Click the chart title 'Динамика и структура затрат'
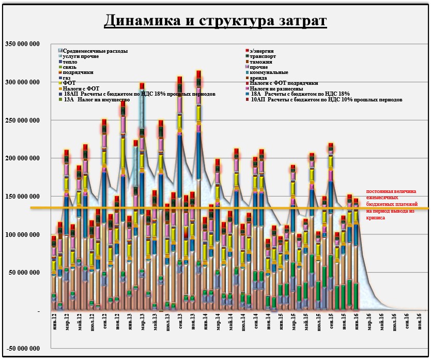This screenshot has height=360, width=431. (215, 21)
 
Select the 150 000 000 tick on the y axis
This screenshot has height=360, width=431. (22, 197)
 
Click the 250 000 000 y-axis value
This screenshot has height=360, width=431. (22, 120)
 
